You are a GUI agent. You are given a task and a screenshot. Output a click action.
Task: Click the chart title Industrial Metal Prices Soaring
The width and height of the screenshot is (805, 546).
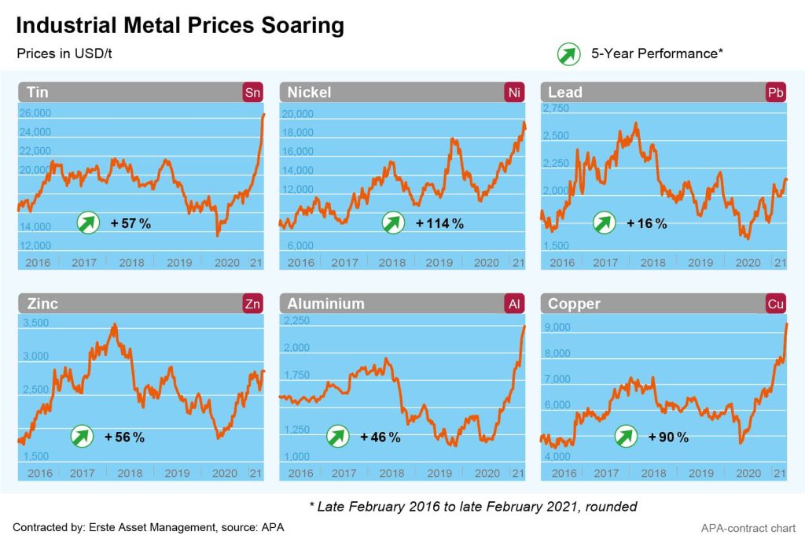pyautogui.click(x=180, y=25)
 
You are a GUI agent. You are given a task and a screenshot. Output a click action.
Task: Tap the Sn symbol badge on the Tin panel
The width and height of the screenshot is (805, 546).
pyautogui.click(x=252, y=92)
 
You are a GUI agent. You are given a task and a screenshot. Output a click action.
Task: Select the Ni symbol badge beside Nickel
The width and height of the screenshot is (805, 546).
pyautogui.click(x=513, y=92)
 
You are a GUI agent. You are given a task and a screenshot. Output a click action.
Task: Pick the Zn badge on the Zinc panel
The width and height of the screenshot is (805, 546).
pyautogui.click(x=252, y=304)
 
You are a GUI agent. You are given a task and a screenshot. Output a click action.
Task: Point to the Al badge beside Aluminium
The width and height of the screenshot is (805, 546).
pyautogui.click(x=513, y=304)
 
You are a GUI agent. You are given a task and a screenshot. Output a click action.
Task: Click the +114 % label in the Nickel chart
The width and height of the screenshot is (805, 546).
pyautogui.click(x=439, y=223)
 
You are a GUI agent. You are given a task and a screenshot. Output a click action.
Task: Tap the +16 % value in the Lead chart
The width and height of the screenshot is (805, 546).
pyautogui.click(x=646, y=223)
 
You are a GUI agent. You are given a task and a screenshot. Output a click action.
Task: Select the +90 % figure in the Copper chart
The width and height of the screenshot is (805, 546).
pyautogui.click(x=668, y=437)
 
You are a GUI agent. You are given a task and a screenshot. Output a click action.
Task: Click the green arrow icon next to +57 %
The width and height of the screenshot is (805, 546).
pyautogui.click(x=88, y=223)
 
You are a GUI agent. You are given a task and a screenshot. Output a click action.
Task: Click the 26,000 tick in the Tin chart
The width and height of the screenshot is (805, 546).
pyautogui.click(x=35, y=113)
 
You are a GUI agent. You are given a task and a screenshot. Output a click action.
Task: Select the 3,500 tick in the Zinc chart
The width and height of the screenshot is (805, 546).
pyautogui.click(x=35, y=323)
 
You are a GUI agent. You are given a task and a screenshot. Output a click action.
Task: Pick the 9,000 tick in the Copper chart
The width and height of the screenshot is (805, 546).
pyautogui.click(x=557, y=327)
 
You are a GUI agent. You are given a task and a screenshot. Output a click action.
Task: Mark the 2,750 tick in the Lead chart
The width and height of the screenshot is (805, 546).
pyautogui.click(x=557, y=108)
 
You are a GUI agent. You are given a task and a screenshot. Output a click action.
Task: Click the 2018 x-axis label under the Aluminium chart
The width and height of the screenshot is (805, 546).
pyautogui.click(x=391, y=473)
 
